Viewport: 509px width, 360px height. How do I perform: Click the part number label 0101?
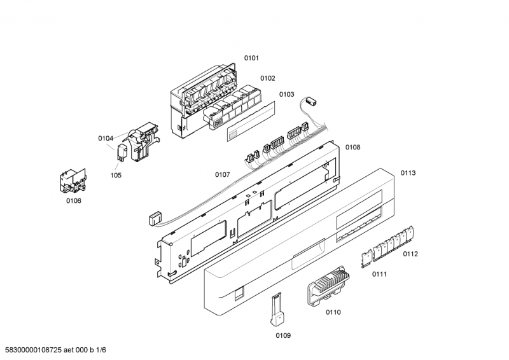[251, 59]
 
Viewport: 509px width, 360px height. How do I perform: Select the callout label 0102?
[267, 78]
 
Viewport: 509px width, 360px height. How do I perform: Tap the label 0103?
[286, 94]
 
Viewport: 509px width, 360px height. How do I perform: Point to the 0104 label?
[106, 138]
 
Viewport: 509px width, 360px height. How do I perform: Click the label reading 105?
[116, 176]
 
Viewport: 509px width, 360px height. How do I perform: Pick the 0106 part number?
[74, 201]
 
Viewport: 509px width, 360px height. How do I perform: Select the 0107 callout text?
[222, 174]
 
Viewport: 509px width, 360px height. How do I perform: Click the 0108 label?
[353, 147]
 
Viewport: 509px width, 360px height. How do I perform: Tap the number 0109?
[283, 335]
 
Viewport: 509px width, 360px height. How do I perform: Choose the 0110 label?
[333, 312]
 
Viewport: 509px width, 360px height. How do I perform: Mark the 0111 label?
[380, 273]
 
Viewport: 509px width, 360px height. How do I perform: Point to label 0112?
[410, 254]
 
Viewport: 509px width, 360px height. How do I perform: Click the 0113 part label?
[408, 173]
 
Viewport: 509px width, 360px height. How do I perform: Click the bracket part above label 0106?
[71, 180]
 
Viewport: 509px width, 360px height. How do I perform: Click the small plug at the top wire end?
[312, 101]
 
